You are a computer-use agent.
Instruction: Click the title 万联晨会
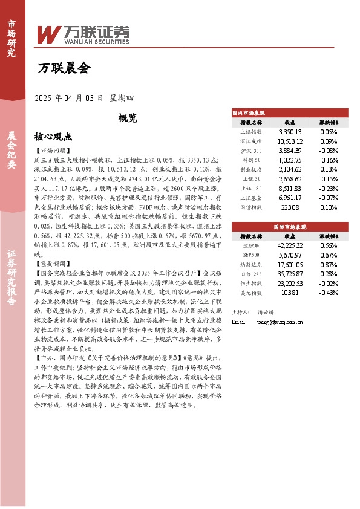click(x=64, y=68)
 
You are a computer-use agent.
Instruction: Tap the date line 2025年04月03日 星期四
click(x=84, y=98)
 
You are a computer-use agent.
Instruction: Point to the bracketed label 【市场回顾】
click(x=53, y=150)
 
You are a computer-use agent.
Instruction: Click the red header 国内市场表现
click(x=249, y=113)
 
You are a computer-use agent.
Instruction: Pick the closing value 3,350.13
click(x=290, y=131)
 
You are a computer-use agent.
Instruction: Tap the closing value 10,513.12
click(x=290, y=141)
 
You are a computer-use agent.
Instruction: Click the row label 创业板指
click(x=250, y=169)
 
